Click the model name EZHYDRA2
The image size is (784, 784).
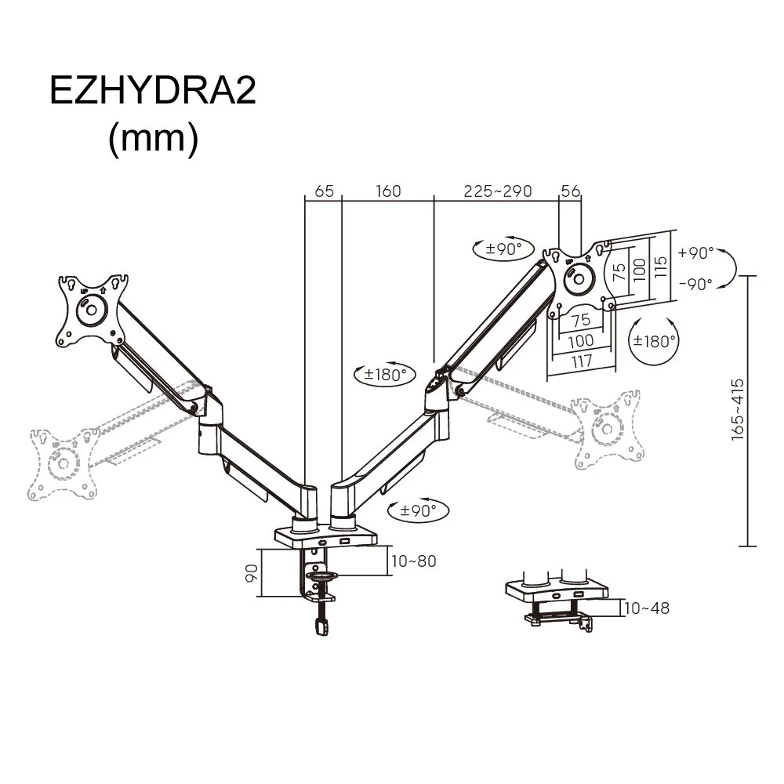[x=153, y=90]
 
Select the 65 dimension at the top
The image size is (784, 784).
[x=325, y=191]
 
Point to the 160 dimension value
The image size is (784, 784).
[x=388, y=191]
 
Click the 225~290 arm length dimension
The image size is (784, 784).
[x=497, y=191]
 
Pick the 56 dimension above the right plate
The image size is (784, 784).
[x=570, y=191]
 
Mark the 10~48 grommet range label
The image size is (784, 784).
[x=648, y=608]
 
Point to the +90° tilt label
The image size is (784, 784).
[x=696, y=253]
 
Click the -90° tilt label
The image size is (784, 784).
[x=696, y=284]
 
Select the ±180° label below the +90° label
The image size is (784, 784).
[x=655, y=341]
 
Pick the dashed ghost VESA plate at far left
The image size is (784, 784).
[x=59, y=463]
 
